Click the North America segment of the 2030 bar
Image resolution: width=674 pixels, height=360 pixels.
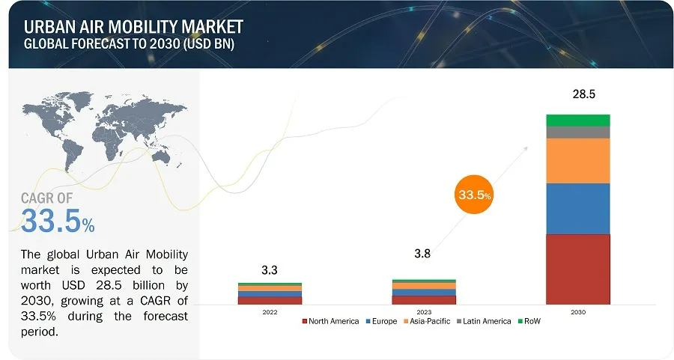577,269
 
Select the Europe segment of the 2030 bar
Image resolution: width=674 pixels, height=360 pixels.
577,209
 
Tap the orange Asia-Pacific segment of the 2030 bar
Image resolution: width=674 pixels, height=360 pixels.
577,161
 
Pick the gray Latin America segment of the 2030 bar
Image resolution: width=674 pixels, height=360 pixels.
577,132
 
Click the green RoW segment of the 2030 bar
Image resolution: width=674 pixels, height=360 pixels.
577,120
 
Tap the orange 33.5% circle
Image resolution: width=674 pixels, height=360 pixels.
474,195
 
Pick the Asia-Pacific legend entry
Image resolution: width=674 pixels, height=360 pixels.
431,321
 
